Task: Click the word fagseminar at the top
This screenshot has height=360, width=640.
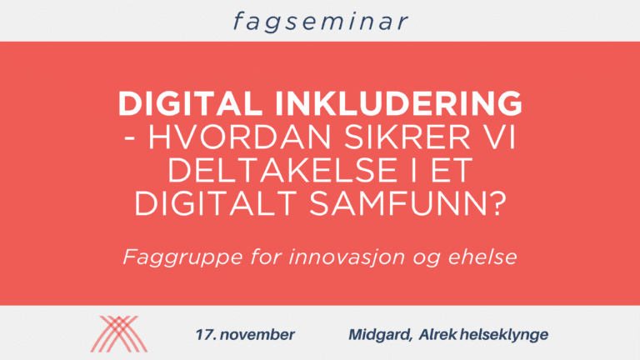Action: [x=320, y=22]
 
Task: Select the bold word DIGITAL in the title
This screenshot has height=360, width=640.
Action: [x=190, y=103]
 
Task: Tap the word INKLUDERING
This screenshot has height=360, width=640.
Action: [x=399, y=103]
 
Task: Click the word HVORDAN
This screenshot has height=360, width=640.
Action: [x=239, y=137]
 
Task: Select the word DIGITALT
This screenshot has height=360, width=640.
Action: [x=215, y=203]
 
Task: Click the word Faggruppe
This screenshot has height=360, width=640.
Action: [x=183, y=258]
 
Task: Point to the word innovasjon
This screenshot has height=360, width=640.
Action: [x=347, y=257]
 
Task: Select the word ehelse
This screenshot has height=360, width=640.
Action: [x=482, y=257]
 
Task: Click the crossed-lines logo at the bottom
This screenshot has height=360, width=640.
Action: [x=119, y=334]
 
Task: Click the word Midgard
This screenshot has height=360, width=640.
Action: [x=380, y=335]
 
